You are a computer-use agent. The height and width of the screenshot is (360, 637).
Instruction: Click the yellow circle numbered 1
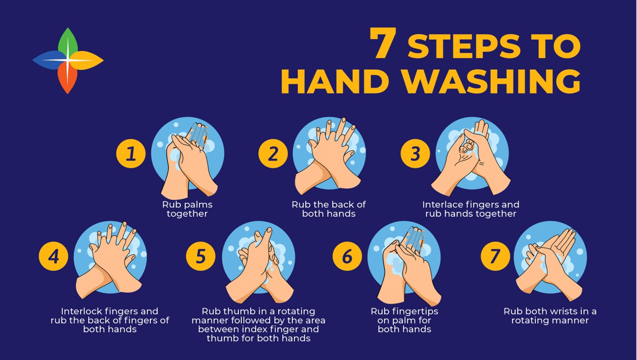click(x=131, y=154)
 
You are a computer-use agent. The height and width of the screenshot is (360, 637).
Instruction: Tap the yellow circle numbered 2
click(x=273, y=154)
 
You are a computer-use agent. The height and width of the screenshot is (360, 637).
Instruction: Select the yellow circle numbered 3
click(x=415, y=154)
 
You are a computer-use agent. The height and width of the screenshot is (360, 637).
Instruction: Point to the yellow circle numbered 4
click(x=53, y=256)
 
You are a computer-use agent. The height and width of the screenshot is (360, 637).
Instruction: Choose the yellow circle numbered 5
click(x=201, y=256)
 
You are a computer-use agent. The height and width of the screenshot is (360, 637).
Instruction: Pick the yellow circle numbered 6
click(x=347, y=256)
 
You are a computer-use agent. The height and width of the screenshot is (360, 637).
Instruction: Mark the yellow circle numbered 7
click(x=496, y=256)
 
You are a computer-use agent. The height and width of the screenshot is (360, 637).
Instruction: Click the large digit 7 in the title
click(x=383, y=43)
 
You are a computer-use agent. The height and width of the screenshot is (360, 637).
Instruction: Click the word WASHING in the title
click(x=491, y=81)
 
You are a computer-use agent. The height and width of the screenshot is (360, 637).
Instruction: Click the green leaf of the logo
click(x=68, y=43)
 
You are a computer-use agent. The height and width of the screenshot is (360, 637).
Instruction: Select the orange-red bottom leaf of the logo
click(x=67, y=78)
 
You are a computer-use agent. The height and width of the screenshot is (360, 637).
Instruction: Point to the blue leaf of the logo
click(x=49, y=60)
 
